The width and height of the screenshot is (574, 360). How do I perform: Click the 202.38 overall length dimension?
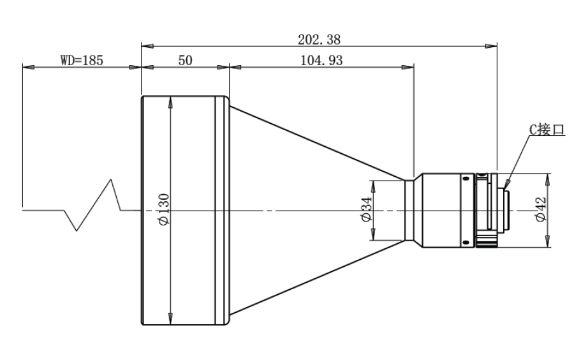tap(319, 40)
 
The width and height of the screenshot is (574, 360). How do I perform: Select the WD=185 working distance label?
tap(82, 60)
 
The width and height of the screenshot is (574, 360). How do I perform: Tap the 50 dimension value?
tap(185, 60)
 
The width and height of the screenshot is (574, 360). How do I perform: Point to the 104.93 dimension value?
tap(321, 60)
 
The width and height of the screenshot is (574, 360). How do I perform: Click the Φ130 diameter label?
tap(163, 209)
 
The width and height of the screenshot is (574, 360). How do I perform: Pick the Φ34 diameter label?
tap(366, 209)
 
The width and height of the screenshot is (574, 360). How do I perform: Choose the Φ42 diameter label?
tap(540, 209)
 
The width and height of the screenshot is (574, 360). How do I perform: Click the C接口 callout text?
tap(547, 130)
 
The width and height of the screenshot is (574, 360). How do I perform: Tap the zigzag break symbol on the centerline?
tap(93, 205)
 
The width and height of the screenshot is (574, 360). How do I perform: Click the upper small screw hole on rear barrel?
tap(466, 179)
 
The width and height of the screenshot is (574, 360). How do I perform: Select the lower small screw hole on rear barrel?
tap(466, 242)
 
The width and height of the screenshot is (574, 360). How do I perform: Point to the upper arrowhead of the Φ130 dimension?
tap(170, 102)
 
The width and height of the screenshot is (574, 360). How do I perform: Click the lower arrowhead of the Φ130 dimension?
tap(170, 319)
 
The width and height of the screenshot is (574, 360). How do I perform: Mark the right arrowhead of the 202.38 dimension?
tap(491, 46)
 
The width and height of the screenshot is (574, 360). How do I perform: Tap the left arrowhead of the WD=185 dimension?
tap(29, 67)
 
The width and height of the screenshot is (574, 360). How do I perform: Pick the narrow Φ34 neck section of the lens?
tap(409, 210)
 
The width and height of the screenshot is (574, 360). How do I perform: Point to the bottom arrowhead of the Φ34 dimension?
tap(373, 234)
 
